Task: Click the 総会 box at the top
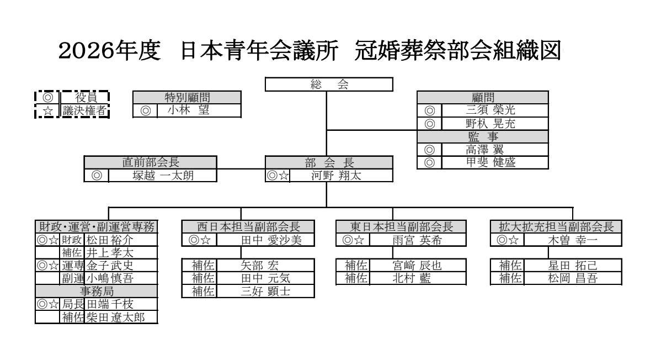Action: (x=329, y=84)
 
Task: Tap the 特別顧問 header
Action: (x=187, y=97)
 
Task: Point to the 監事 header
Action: (x=482, y=136)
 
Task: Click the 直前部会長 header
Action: (x=150, y=162)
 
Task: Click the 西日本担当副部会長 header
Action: (x=248, y=226)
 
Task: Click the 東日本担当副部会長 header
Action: (x=402, y=226)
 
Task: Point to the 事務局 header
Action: (x=97, y=291)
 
